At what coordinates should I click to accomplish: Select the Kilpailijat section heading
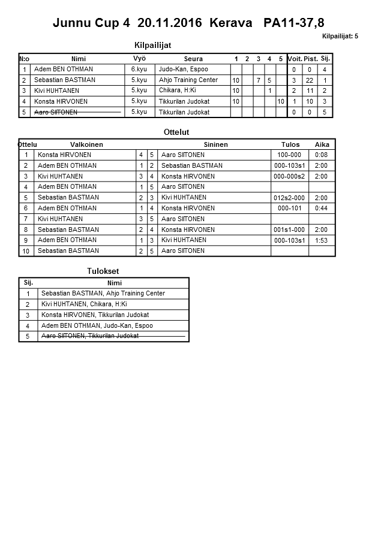pos(156,44)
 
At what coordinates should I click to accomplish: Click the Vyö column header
pos(139,58)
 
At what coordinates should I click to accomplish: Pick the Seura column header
pos(193,59)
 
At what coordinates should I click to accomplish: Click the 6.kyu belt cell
pos(139,70)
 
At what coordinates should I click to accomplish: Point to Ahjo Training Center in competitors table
pos(188,80)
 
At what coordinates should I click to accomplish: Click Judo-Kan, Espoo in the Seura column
pos(184,70)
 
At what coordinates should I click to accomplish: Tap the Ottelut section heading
pos(176,132)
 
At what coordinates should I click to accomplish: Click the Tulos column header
pos(290,144)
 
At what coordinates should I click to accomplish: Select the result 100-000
pos(289,155)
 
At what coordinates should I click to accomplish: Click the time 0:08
pos(322,155)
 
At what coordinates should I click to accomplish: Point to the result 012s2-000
pos(289,198)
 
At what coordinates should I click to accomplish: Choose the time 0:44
pos(322,209)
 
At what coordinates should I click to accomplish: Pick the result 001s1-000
pos(289,230)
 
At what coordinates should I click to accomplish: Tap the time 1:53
pos(322,240)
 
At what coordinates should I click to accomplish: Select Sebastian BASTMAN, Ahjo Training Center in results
pos(103,294)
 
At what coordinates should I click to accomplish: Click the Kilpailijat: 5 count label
pos(340,37)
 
